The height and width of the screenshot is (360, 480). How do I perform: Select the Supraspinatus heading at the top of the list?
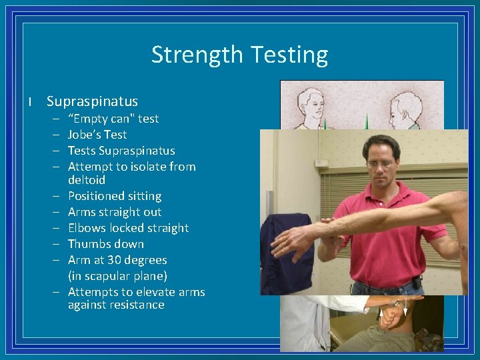coord(92,101)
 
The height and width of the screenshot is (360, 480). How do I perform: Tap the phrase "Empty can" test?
coord(113,119)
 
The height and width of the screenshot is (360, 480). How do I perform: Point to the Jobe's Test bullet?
coord(97,135)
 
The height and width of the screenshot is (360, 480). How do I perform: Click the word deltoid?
coord(87,180)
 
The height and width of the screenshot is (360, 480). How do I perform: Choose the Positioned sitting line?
coord(115,196)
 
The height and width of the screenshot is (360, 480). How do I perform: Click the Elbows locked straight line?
coord(128,228)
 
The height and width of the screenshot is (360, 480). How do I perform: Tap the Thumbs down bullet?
coord(105,244)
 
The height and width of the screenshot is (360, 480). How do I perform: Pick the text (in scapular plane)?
coord(117,276)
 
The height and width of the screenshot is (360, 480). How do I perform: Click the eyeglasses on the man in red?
coord(381,162)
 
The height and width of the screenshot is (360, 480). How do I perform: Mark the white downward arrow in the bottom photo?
coord(404,312)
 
